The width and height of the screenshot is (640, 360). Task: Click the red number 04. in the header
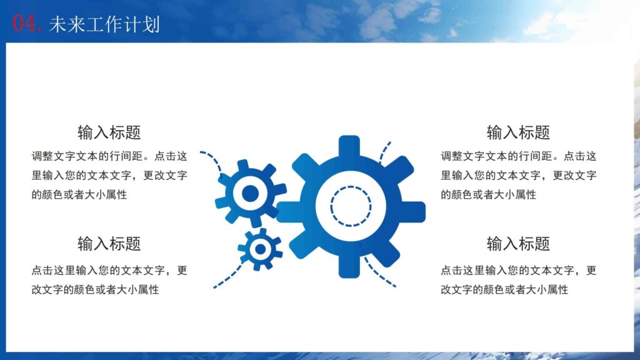coord(27,23)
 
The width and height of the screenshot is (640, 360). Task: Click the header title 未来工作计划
coord(104,24)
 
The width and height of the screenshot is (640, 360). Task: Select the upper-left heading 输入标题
coord(109,132)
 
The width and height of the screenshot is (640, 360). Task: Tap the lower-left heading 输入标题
coord(109,243)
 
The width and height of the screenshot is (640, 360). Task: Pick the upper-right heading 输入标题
coord(518,132)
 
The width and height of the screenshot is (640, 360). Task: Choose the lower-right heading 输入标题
coord(518,243)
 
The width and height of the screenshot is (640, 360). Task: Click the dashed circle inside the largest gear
coord(351,206)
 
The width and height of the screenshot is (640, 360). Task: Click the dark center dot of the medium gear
coord(250,193)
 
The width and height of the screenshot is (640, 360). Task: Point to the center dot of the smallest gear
coord(260,249)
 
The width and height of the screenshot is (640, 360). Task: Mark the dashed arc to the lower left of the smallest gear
coord(227,277)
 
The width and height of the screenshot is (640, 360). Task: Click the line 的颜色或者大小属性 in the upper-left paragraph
coord(79,194)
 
